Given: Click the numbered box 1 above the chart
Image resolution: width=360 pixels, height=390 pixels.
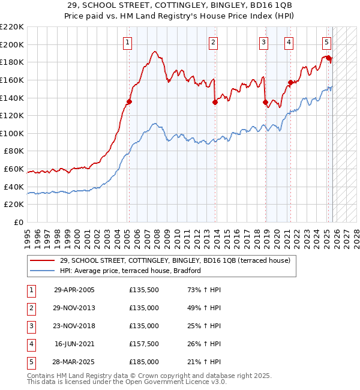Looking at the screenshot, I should [x=129, y=42].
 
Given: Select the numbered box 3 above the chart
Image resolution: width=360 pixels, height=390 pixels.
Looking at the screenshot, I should [x=264, y=42].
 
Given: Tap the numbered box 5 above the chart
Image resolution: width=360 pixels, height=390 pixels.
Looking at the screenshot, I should [x=327, y=42].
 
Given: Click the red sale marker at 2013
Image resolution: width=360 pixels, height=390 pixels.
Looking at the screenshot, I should [x=214, y=102].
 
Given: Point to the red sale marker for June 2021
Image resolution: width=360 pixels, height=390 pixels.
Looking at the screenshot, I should [x=290, y=82].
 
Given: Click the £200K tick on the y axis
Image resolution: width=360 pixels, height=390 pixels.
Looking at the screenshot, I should [x=12, y=44].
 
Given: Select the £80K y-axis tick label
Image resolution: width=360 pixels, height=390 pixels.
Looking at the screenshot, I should [x=13, y=151].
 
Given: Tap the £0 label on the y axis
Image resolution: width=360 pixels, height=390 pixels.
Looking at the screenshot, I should [x=19, y=222].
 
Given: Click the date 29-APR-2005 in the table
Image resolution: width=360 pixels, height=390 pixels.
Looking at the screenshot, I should [x=74, y=290].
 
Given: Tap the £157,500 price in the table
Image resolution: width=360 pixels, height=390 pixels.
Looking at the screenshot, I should [x=144, y=344].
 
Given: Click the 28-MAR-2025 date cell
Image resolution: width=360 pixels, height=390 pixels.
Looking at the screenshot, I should [x=74, y=362].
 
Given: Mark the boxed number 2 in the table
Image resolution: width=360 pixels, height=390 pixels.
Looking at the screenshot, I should [x=30, y=308].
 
